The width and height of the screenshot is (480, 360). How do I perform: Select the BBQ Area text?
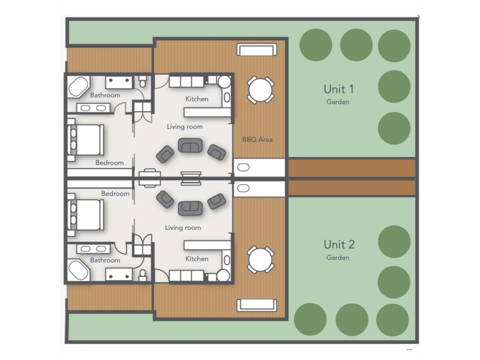point(257,139)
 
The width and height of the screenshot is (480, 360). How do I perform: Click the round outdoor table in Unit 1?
point(260,90)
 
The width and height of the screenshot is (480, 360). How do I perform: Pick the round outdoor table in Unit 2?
point(260,259)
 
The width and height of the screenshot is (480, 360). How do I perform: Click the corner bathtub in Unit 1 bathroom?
point(79,87)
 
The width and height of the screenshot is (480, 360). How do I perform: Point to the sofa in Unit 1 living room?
point(190,146)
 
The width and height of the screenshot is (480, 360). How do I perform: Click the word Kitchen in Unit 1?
point(197,99)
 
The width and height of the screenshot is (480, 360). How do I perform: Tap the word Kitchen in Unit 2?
point(197,259)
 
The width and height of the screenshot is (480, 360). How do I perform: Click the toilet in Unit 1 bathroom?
point(142,80)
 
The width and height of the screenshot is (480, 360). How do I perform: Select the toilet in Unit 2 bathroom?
point(142,275)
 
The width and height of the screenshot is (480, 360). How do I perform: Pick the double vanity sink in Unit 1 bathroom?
point(93,108)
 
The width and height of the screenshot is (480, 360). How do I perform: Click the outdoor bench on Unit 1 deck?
point(256,50)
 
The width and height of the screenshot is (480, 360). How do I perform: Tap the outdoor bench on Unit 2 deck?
point(256,305)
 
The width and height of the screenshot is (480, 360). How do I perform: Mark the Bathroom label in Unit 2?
point(105,260)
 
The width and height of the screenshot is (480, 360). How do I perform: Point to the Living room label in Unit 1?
point(184,127)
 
